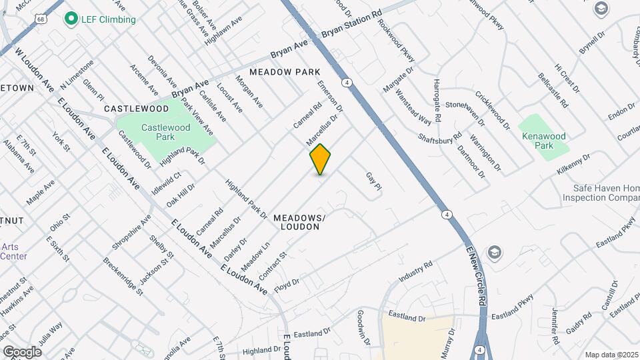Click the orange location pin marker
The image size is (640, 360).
[x=320, y=159]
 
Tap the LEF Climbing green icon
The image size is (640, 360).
[x=70, y=19]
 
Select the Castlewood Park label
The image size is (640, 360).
[x=157, y=131]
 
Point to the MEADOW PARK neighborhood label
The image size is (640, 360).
[x=285, y=71]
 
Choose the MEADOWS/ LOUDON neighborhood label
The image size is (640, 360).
[x=299, y=223]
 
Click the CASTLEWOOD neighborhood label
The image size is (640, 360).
[x=137, y=108]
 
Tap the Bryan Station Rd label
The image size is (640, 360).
[x=351, y=23]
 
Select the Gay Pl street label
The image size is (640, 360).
[x=373, y=181]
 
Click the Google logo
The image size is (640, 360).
[x=22, y=351]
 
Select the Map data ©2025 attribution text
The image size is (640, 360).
[x=611, y=355]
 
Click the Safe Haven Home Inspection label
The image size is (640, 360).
[x=600, y=193]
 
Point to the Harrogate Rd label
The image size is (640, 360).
[x=437, y=100]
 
